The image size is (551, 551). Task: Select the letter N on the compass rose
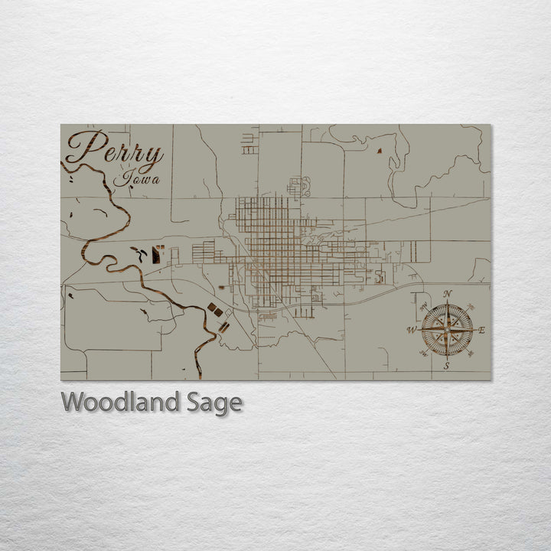pyautogui.click(x=448, y=295)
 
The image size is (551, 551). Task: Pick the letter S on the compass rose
pyautogui.click(x=446, y=367)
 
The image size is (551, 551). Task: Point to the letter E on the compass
pyautogui.click(x=482, y=331)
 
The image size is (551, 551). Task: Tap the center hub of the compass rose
pyautogui.click(x=447, y=331)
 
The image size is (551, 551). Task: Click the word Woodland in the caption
pyautogui.click(x=122, y=402)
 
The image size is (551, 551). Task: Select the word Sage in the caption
pyautogui.click(x=215, y=403)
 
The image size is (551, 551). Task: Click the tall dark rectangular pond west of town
pyautogui.click(x=157, y=255)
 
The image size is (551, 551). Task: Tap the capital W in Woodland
pyautogui.click(x=72, y=401)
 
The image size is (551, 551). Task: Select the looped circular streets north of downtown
pyautogui.click(x=298, y=186)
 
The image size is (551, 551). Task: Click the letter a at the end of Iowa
pyautogui.click(x=155, y=181)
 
